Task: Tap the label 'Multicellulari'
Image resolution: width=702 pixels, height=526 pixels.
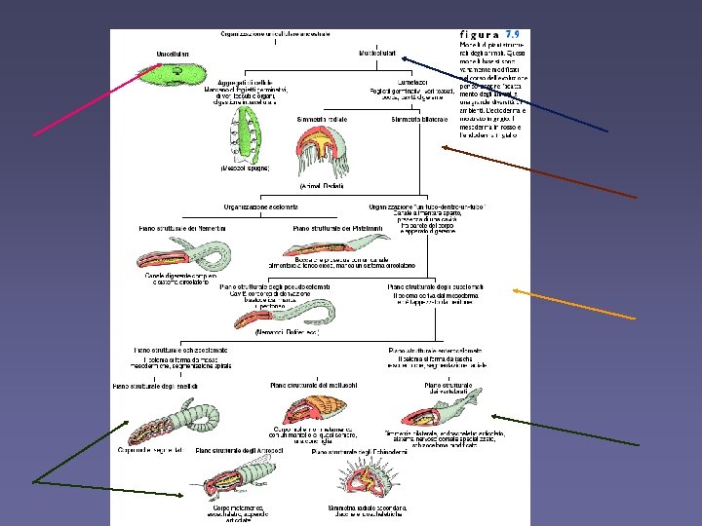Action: [376, 52]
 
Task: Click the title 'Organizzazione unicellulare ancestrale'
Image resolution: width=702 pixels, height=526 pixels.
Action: [277, 33]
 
